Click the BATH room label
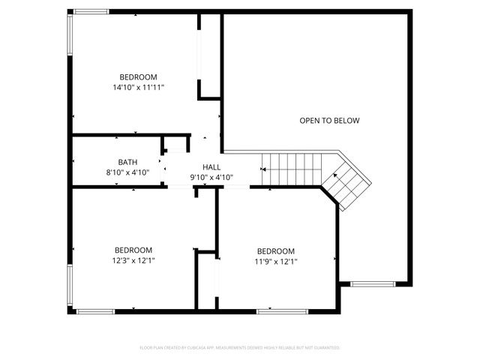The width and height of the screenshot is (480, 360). (127, 162)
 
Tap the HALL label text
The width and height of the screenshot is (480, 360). (211, 167)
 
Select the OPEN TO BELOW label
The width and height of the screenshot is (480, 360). (329, 121)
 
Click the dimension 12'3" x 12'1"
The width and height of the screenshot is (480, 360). (133, 260)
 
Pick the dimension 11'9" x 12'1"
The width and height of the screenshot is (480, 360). (275, 262)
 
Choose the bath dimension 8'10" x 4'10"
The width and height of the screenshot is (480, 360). (127, 172)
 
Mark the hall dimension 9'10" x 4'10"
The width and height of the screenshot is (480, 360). (211, 178)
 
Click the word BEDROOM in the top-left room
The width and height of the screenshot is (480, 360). (138, 77)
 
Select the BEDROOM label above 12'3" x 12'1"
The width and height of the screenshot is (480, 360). (133, 250)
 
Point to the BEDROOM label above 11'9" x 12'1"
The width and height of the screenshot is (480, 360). (275, 251)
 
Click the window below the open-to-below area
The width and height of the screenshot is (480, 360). (373, 283)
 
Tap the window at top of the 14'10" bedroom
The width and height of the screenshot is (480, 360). (90, 11)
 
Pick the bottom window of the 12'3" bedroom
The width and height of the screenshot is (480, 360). (96, 311)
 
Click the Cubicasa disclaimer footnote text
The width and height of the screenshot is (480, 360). (240, 348)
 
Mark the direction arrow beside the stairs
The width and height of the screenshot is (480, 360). (263, 169)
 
